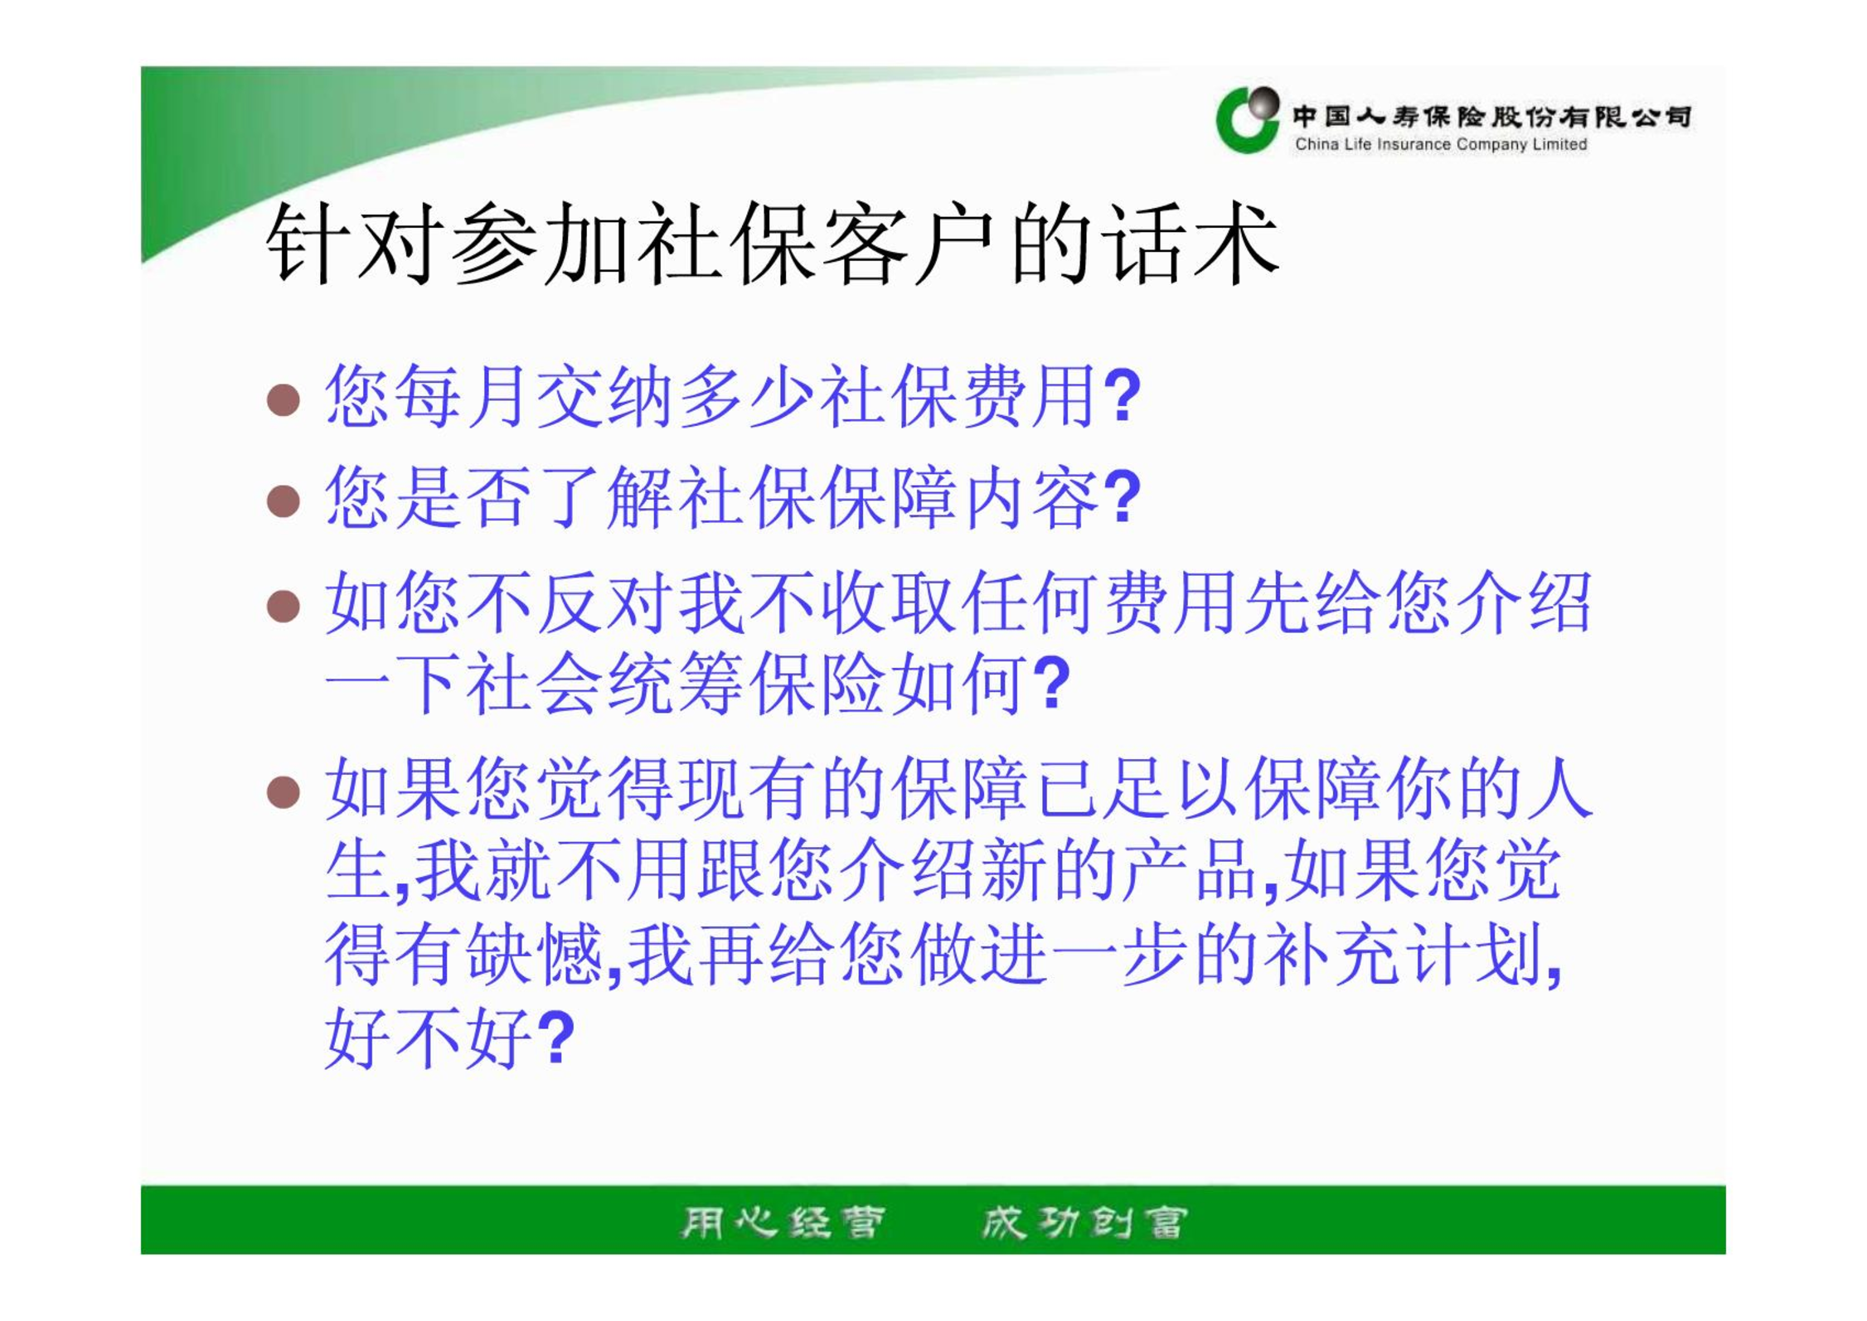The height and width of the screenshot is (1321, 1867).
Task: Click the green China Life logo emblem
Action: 1247,119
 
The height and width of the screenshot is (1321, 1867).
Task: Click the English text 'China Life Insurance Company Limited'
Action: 1441,144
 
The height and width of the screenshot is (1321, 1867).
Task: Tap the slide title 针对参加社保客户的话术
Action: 773,244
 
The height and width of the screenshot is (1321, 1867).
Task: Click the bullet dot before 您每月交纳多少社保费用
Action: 283,399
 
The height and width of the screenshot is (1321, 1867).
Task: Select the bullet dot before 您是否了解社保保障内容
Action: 283,501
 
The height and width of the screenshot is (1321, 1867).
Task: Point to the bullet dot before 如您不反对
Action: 283,606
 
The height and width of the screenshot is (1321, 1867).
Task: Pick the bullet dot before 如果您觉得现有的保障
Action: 283,791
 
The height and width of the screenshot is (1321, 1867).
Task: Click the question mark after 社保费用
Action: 1123,395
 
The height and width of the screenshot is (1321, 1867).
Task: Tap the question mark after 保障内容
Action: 1123,496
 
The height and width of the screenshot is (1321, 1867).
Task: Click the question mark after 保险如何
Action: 1053,683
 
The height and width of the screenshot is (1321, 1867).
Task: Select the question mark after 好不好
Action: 555,1036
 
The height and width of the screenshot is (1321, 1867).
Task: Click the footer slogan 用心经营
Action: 783,1222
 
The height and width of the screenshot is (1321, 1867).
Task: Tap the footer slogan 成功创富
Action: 1084,1222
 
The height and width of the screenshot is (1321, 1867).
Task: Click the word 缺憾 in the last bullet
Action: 534,955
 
